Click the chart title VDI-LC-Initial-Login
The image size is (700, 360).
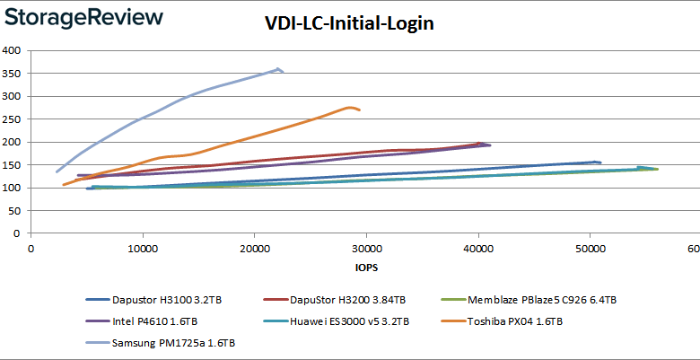(x=350, y=23)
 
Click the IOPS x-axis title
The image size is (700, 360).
(x=365, y=267)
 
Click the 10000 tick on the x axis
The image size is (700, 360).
(x=143, y=248)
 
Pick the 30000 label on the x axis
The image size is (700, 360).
(x=366, y=248)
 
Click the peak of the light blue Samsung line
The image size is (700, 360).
(x=279, y=68)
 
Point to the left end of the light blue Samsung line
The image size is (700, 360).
(x=57, y=171)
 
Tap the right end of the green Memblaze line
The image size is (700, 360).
(x=658, y=169)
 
